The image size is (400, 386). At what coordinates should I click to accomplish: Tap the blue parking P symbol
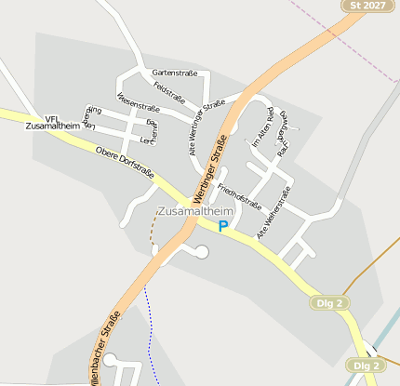[x=223, y=225]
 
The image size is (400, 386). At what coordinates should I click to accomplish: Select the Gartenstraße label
[x=171, y=73]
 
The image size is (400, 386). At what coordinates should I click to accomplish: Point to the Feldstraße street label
[x=169, y=92]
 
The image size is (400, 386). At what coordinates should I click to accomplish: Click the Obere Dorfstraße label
[x=125, y=164]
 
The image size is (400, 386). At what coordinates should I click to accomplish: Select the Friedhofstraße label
[x=239, y=198]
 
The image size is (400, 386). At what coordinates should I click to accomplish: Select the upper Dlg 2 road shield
[x=329, y=303]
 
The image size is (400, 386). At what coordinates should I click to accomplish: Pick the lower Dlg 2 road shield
[x=364, y=366]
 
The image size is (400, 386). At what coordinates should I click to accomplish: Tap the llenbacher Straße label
[x=103, y=339]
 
